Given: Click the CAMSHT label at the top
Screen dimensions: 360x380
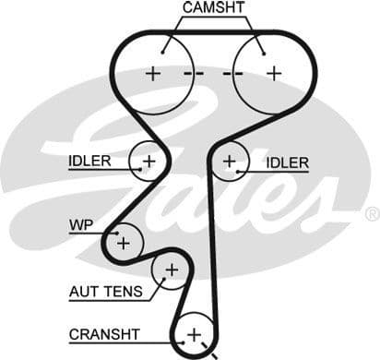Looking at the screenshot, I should pos(213,8).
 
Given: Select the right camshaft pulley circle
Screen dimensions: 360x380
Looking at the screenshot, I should pos(268,72).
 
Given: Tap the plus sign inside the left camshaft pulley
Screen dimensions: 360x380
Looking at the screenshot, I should pos(152,73).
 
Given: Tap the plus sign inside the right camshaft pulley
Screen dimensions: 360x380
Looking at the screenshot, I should pos(273,73).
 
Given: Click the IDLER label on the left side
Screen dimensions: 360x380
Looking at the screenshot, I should pos(89,162).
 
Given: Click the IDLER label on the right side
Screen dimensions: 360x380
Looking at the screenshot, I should pos(287,162).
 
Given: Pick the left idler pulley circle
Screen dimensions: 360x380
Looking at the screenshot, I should pos(147,162).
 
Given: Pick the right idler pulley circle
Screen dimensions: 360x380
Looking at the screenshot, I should pos(231,162).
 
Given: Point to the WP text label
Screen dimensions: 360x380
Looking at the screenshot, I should pos(80,224).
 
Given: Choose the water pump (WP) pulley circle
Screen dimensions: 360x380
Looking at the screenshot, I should pos(123,242).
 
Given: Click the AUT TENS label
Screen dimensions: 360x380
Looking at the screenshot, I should pos(105,292).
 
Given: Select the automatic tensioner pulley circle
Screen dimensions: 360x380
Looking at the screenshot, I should pos(169,271).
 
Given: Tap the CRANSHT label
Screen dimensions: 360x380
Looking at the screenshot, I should pos(104,333).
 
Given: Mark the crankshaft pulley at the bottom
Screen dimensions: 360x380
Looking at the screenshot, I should pos(193,334).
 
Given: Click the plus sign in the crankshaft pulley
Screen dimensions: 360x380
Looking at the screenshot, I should pos(194,333).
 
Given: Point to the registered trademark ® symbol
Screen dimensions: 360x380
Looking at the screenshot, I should pos(371,214).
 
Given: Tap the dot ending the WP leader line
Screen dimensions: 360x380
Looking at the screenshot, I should pos(117,234).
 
